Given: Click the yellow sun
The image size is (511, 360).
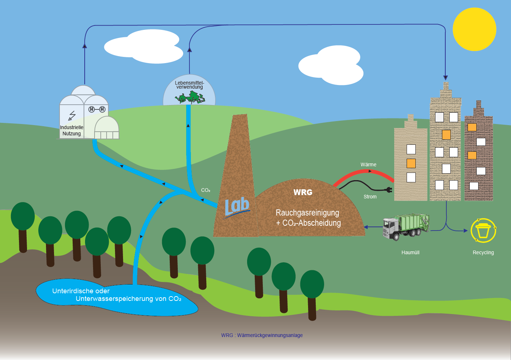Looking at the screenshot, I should [474, 29].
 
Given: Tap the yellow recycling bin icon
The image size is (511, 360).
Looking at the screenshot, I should [483, 231].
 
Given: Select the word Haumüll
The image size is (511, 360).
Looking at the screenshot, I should [410, 252].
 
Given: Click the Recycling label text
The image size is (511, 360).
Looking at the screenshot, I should [483, 252].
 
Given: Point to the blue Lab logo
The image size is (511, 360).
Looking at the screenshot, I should [237, 207].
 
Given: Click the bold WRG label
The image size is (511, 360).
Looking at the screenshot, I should [303, 192].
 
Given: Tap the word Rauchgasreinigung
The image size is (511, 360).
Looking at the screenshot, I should [307, 213].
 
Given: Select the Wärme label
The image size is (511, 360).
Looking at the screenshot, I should [368, 164].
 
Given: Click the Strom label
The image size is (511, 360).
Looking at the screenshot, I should [370, 197].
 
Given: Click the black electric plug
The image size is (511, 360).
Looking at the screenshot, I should [388, 189].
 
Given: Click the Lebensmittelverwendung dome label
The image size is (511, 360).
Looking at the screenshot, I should [189, 85].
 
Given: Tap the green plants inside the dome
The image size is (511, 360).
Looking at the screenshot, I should [190, 97].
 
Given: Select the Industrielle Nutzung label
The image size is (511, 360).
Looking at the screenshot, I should [72, 130].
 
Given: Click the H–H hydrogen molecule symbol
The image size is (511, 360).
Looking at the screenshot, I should [97, 109].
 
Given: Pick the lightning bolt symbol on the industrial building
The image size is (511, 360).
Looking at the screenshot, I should [72, 116].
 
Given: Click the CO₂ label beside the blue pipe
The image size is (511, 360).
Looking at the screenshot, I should [205, 190].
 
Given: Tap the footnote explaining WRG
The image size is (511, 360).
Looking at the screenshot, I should [262, 335].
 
